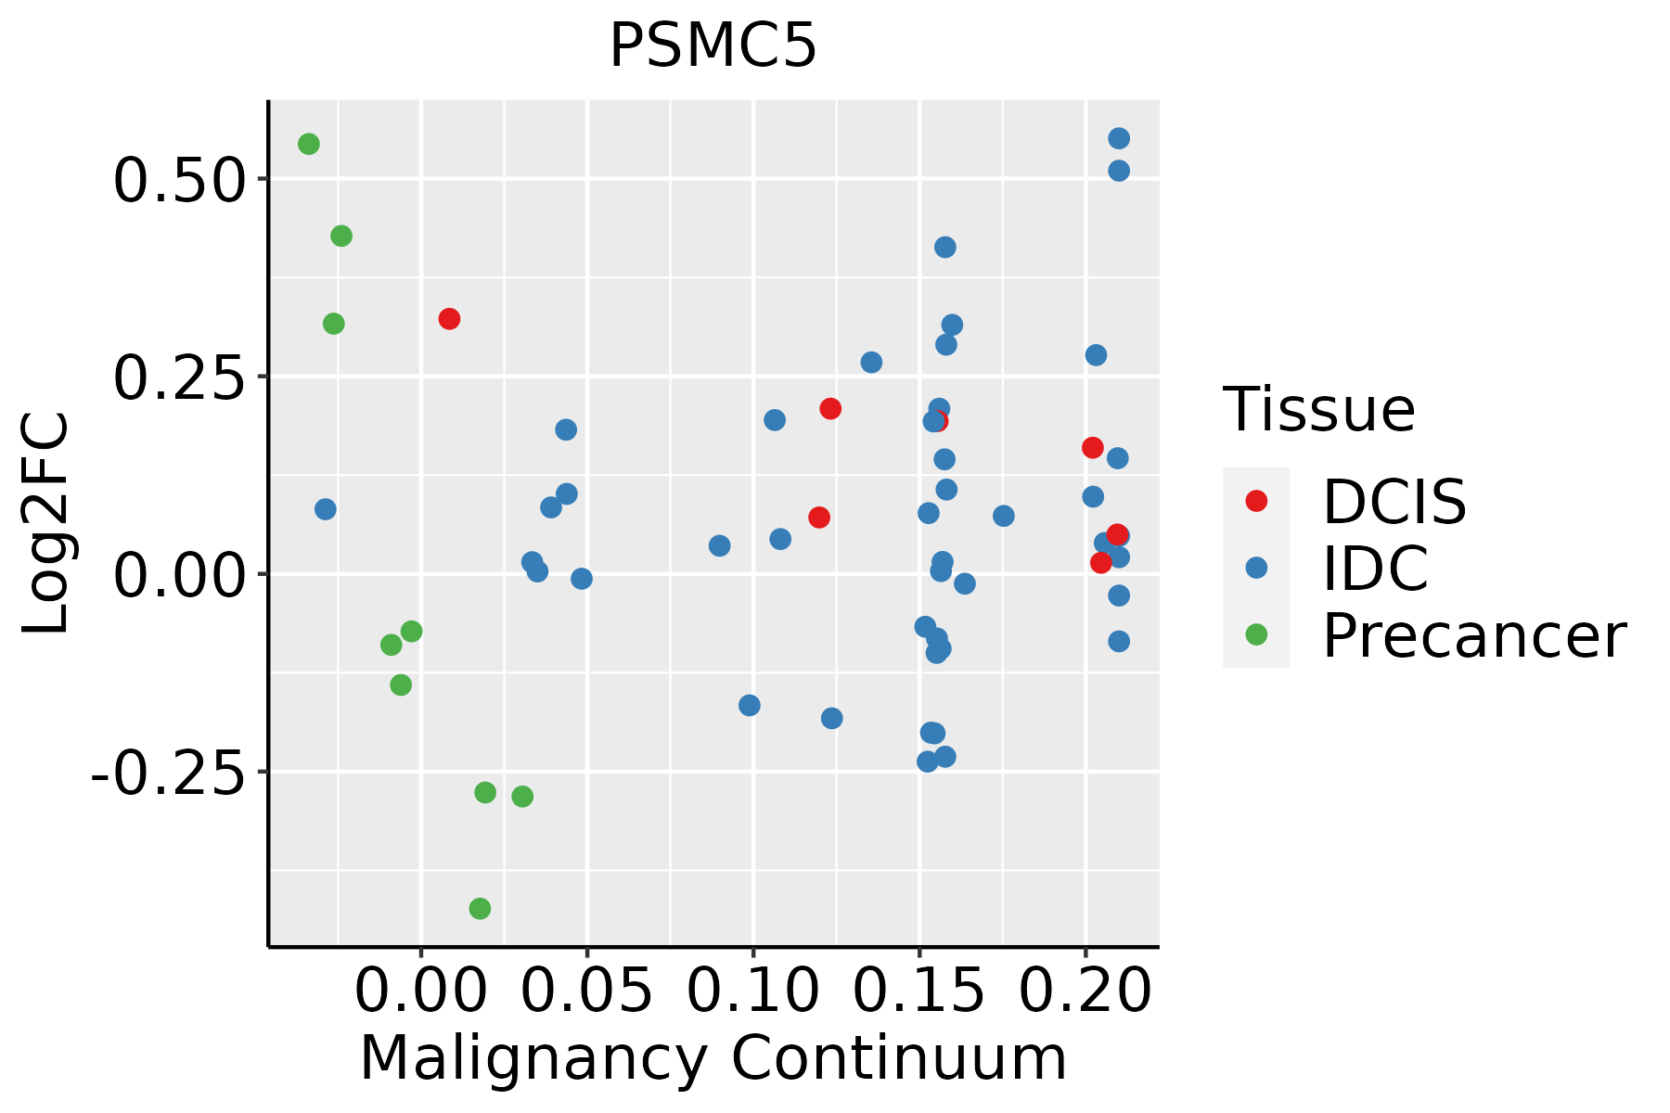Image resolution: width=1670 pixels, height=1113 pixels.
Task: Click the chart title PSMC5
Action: (x=713, y=46)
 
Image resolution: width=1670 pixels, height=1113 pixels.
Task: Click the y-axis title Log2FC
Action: (x=46, y=523)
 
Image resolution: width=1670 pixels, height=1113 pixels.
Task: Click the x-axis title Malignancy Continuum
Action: (x=713, y=1058)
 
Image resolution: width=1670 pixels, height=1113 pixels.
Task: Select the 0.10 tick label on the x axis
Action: (x=753, y=991)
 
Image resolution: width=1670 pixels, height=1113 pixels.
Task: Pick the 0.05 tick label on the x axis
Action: (x=587, y=991)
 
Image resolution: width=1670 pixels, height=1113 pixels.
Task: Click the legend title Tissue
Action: (x=1319, y=409)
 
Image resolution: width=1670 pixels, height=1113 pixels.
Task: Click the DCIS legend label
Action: (x=1394, y=502)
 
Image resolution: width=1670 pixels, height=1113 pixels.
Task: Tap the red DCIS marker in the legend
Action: (x=1256, y=501)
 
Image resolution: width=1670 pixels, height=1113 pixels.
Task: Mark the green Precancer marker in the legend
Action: (x=1256, y=634)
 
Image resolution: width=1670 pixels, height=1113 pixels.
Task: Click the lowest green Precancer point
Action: (x=480, y=908)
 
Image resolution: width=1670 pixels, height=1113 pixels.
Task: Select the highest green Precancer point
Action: (x=309, y=144)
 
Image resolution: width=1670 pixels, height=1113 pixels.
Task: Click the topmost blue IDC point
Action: (x=1119, y=138)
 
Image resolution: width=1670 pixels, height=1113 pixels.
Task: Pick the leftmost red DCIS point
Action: (x=449, y=319)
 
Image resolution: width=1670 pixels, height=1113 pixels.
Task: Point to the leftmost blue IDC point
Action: (x=326, y=509)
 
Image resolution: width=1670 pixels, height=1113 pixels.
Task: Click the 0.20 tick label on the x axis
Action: (x=1085, y=991)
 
